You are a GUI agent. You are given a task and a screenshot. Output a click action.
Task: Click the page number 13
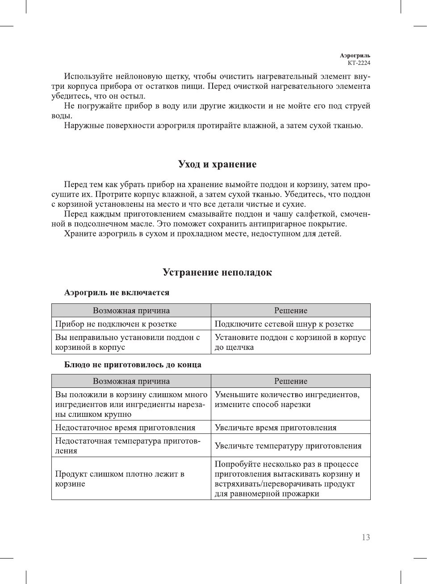pos(366,538)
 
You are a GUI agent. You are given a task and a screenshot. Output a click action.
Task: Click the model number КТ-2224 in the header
pos(359,63)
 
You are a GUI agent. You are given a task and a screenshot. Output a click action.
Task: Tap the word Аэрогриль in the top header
pos(355,56)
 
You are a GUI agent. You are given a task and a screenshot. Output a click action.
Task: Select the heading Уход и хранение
pos(217,164)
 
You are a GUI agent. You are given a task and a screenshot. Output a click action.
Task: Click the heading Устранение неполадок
pos(217,273)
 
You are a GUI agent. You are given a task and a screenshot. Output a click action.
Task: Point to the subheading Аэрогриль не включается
pos(117,293)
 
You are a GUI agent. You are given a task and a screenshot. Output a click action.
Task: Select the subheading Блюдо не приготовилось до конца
pos(133,365)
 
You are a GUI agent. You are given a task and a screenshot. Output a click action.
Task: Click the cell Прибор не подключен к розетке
pos(116,324)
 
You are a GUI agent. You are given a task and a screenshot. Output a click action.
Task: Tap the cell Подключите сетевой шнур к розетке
pos(284,324)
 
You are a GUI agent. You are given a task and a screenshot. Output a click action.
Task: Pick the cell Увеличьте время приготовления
pos(276,428)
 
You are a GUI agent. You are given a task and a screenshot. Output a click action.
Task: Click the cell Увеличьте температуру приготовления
pos(288,446)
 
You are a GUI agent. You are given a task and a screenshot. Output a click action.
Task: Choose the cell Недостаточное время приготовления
pos(125,428)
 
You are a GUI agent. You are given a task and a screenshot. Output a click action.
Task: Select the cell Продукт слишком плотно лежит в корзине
pos(120,479)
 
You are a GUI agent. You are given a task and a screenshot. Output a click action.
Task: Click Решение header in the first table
pos(291,311)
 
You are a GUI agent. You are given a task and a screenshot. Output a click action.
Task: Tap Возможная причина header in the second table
pos(131,381)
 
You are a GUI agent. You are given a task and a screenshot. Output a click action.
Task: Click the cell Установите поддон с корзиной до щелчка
pos(290,342)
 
